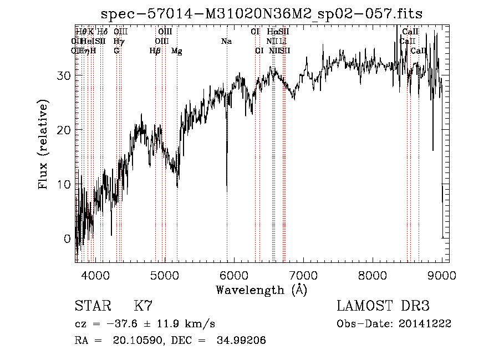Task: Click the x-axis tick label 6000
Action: pyautogui.click(x=234, y=275)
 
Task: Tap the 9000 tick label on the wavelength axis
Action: pyautogui.click(x=441, y=275)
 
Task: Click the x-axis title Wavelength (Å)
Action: pyautogui.click(x=261, y=290)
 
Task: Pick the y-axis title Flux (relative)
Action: pyautogui.click(x=43, y=144)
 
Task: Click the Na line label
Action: pyautogui.click(x=226, y=42)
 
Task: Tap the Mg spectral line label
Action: pyautogui.click(x=177, y=51)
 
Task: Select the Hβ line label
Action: pyautogui.click(x=155, y=51)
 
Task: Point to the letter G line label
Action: pyautogui.click(x=116, y=51)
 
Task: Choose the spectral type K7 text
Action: pyautogui.click(x=143, y=306)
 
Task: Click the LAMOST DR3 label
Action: pyautogui.click(x=383, y=306)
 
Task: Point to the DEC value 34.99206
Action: pyautogui.click(x=242, y=341)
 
